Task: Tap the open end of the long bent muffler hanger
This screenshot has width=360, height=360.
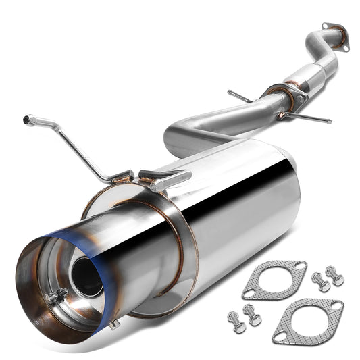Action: pyautogui.click(x=26, y=119)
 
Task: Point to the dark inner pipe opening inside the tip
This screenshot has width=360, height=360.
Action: pyautogui.click(x=86, y=274)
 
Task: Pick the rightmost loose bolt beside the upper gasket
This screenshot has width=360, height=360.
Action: pyautogui.click(x=334, y=275)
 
